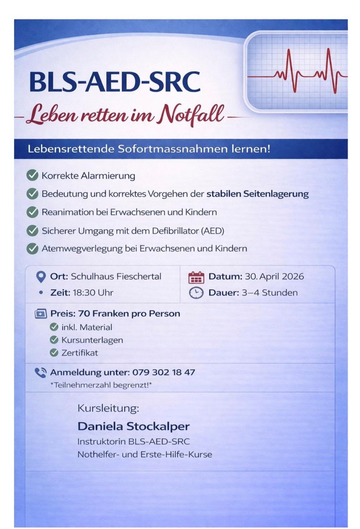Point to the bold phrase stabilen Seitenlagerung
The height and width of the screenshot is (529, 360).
point(257,194)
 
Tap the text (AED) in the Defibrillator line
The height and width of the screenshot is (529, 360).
point(213,231)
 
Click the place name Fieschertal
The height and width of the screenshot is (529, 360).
point(138,277)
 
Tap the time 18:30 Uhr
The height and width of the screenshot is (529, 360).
point(93,293)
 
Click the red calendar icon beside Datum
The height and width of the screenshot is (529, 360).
point(196,277)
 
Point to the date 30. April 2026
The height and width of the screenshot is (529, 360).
point(274,277)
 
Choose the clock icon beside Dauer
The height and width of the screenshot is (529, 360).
point(196,293)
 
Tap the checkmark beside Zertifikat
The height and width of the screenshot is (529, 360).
point(54,353)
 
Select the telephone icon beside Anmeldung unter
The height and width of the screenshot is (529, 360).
point(40,373)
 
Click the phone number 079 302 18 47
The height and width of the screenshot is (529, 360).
point(164,373)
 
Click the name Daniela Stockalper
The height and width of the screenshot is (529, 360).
point(134,426)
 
